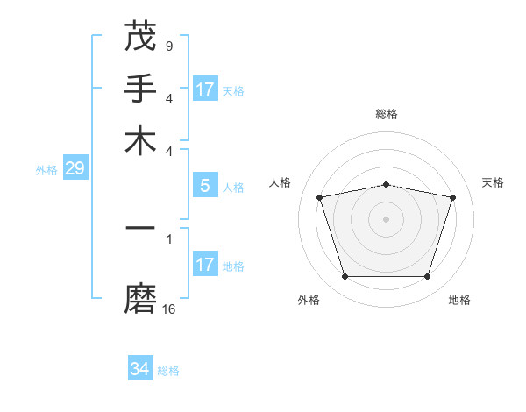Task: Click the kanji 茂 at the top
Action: tap(140, 37)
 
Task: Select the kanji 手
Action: tap(140, 89)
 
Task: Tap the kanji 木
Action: tap(140, 140)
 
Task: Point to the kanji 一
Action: tap(140, 228)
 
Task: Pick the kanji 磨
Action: tap(140, 300)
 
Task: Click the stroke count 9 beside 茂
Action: tap(168, 46)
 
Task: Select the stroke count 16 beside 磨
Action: tap(169, 309)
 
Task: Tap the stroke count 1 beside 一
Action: tap(168, 238)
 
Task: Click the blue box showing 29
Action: tap(75, 169)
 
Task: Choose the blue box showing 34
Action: tap(139, 369)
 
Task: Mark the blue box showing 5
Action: tap(204, 186)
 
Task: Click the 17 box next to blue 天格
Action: tap(204, 89)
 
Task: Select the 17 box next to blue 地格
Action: tap(204, 265)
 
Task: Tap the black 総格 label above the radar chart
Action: tap(387, 114)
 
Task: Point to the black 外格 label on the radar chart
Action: tap(309, 300)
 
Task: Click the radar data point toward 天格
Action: tap(453, 197)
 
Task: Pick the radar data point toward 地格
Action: tap(427, 276)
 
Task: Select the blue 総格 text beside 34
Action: tap(168, 371)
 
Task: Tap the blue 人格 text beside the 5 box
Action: tap(233, 187)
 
